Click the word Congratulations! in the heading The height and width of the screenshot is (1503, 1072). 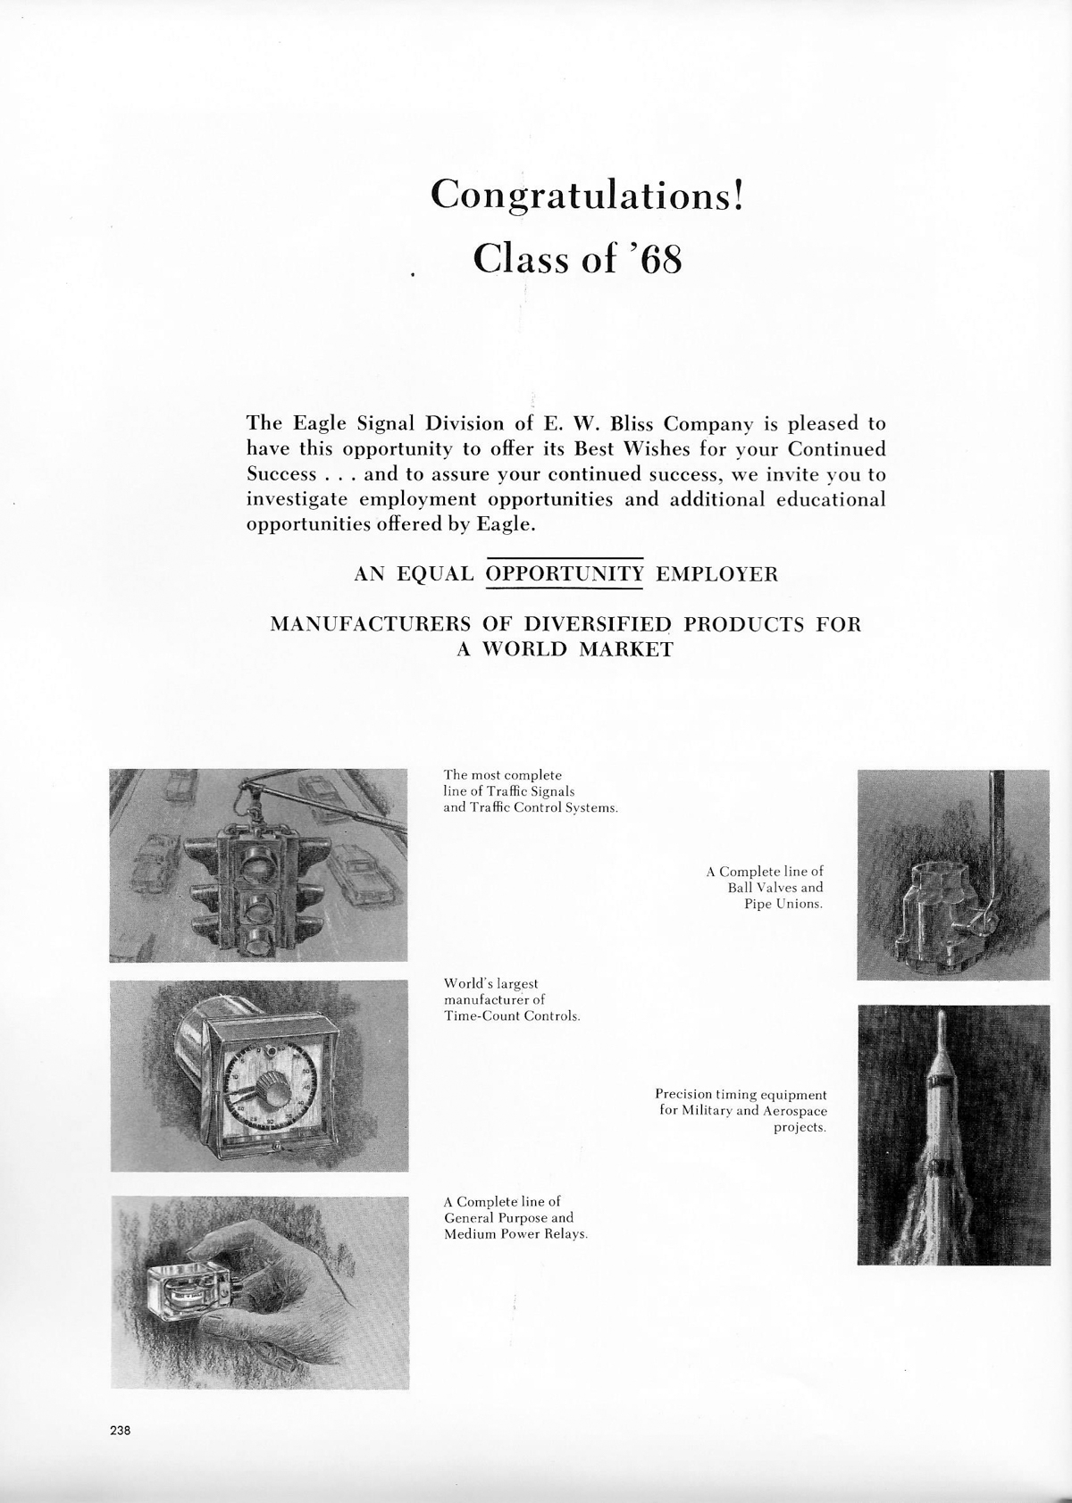click(586, 194)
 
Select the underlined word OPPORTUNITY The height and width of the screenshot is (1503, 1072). click(564, 574)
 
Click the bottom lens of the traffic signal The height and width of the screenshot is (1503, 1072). click(258, 939)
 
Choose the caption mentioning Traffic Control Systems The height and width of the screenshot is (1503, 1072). click(531, 791)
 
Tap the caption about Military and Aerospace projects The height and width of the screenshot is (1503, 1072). click(741, 1110)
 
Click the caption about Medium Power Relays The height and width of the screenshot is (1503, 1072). click(515, 1218)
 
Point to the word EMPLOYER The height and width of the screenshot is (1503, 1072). click(716, 574)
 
